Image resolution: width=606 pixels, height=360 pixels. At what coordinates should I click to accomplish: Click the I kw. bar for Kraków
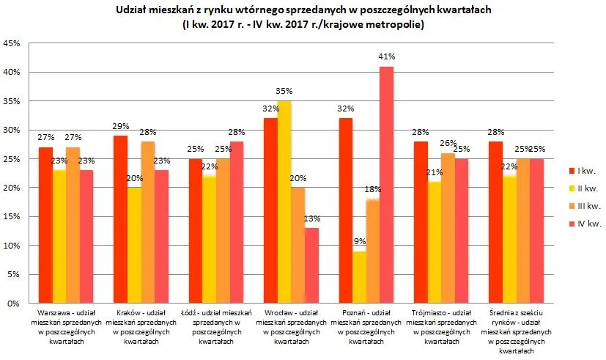[x=120, y=219]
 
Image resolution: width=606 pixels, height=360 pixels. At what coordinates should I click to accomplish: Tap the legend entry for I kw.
[x=584, y=171]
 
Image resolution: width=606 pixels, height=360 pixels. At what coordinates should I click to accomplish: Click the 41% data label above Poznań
[x=387, y=56]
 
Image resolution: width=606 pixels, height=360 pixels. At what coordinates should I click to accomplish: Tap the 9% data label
[x=359, y=241]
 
